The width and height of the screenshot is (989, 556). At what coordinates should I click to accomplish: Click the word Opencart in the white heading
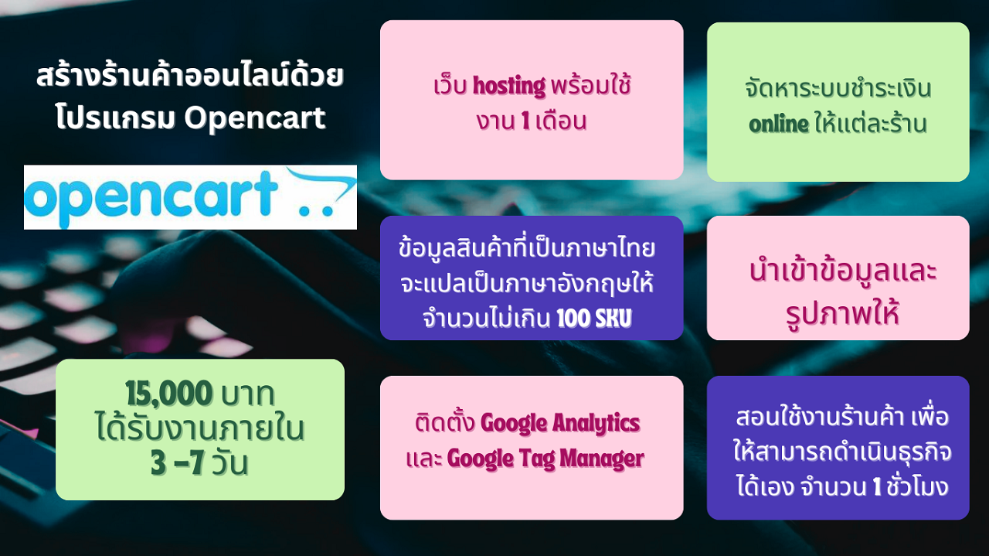tap(255, 119)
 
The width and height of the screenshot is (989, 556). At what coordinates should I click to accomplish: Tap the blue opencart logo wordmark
tap(151, 198)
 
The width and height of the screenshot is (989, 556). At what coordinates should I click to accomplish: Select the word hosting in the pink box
tap(509, 86)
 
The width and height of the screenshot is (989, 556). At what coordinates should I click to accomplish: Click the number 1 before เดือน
tap(525, 120)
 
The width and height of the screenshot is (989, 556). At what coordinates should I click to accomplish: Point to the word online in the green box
tap(779, 125)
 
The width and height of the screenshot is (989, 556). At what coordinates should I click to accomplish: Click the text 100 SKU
tap(594, 318)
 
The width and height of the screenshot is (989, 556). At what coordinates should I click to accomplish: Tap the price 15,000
tap(169, 393)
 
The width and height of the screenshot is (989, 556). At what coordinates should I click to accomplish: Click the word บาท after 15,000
tap(248, 394)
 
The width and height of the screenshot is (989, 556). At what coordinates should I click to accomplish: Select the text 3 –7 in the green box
tap(178, 463)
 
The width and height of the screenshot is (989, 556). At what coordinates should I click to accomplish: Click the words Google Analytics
tap(560, 424)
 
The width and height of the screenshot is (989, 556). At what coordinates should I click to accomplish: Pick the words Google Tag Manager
tap(545, 459)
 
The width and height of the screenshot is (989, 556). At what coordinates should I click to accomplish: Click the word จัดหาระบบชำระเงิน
tap(838, 88)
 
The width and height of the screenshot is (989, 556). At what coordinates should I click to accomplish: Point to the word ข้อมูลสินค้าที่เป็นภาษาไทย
tap(527, 247)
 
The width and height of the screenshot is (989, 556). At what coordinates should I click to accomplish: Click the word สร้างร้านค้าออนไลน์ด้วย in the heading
tap(190, 75)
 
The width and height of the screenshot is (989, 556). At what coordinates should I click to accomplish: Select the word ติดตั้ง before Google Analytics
tap(445, 422)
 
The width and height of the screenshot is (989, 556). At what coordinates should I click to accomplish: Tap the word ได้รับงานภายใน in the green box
tap(200, 428)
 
